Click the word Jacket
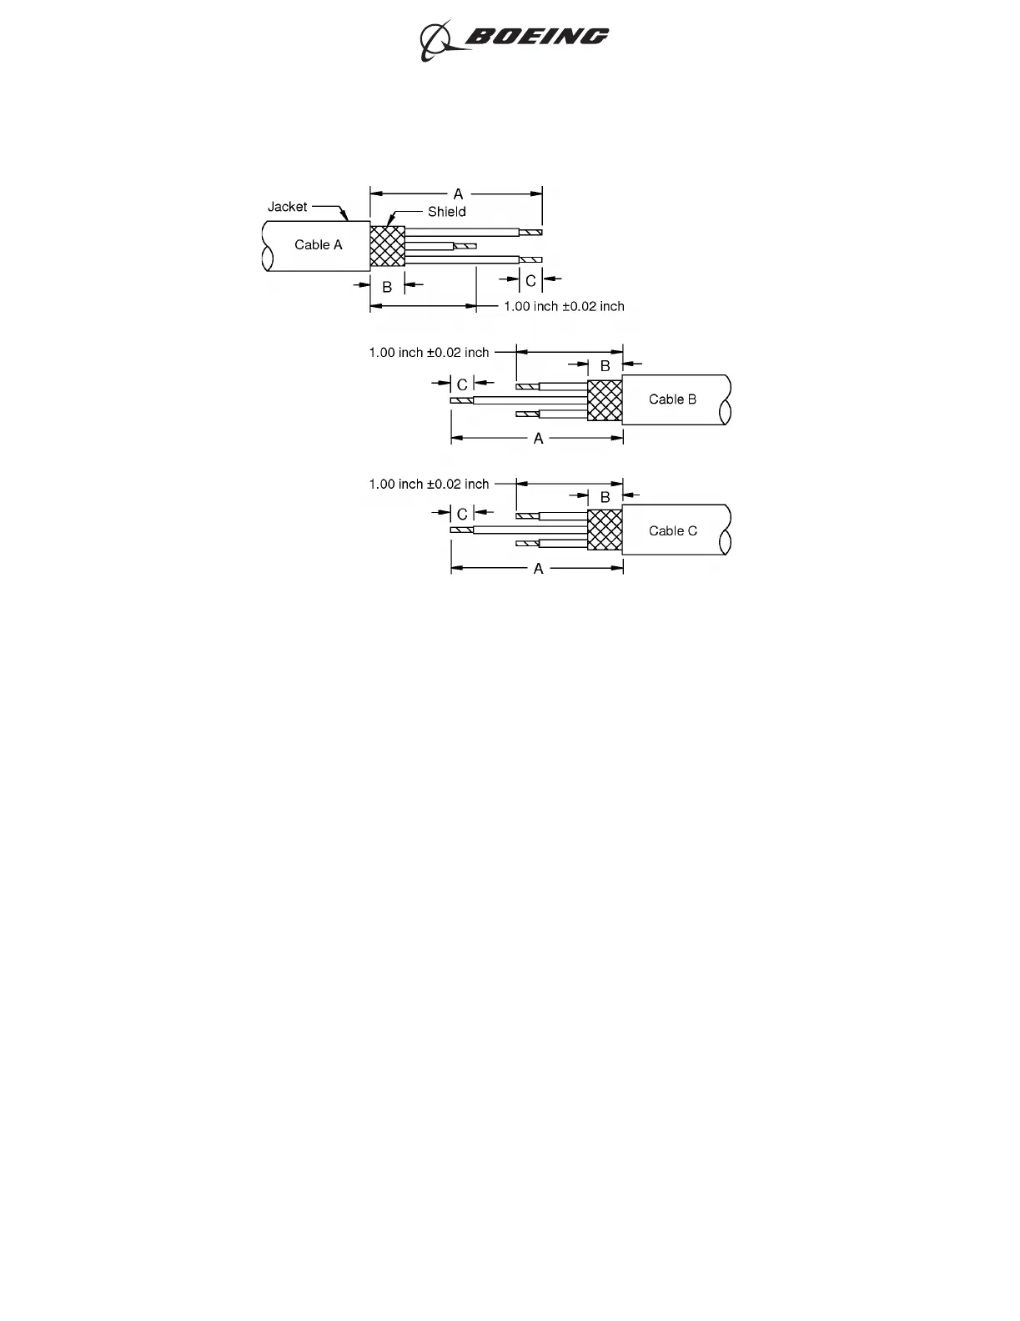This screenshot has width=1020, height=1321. pos(287,207)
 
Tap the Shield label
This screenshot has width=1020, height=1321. pos(446,212)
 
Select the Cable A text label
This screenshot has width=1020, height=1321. pos(318,245)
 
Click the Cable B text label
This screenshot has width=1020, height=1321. pos(672,399)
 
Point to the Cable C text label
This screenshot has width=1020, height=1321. pos(672,531)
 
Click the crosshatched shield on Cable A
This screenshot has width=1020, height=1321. pos(387,246)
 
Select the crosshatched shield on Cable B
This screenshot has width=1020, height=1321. pos(605,400)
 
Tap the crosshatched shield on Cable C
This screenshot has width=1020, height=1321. pos(605,530)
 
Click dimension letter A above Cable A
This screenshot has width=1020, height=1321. pos(458,194)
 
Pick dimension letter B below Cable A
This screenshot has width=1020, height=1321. pos(387,287)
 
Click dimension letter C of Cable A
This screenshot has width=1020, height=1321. pos(530,281)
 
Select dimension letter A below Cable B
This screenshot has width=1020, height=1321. pos(538,439)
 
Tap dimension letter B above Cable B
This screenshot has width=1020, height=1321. pos(605,366)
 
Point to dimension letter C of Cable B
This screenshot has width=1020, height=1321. pos(462,385)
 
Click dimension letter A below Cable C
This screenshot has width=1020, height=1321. pos(538,569)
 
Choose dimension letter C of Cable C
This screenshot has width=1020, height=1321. pos(462,515)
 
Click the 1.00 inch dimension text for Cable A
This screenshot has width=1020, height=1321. pos(564,307)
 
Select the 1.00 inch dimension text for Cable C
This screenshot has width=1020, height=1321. pos(429,485)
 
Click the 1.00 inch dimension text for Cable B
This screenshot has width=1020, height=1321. pos(429,353)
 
